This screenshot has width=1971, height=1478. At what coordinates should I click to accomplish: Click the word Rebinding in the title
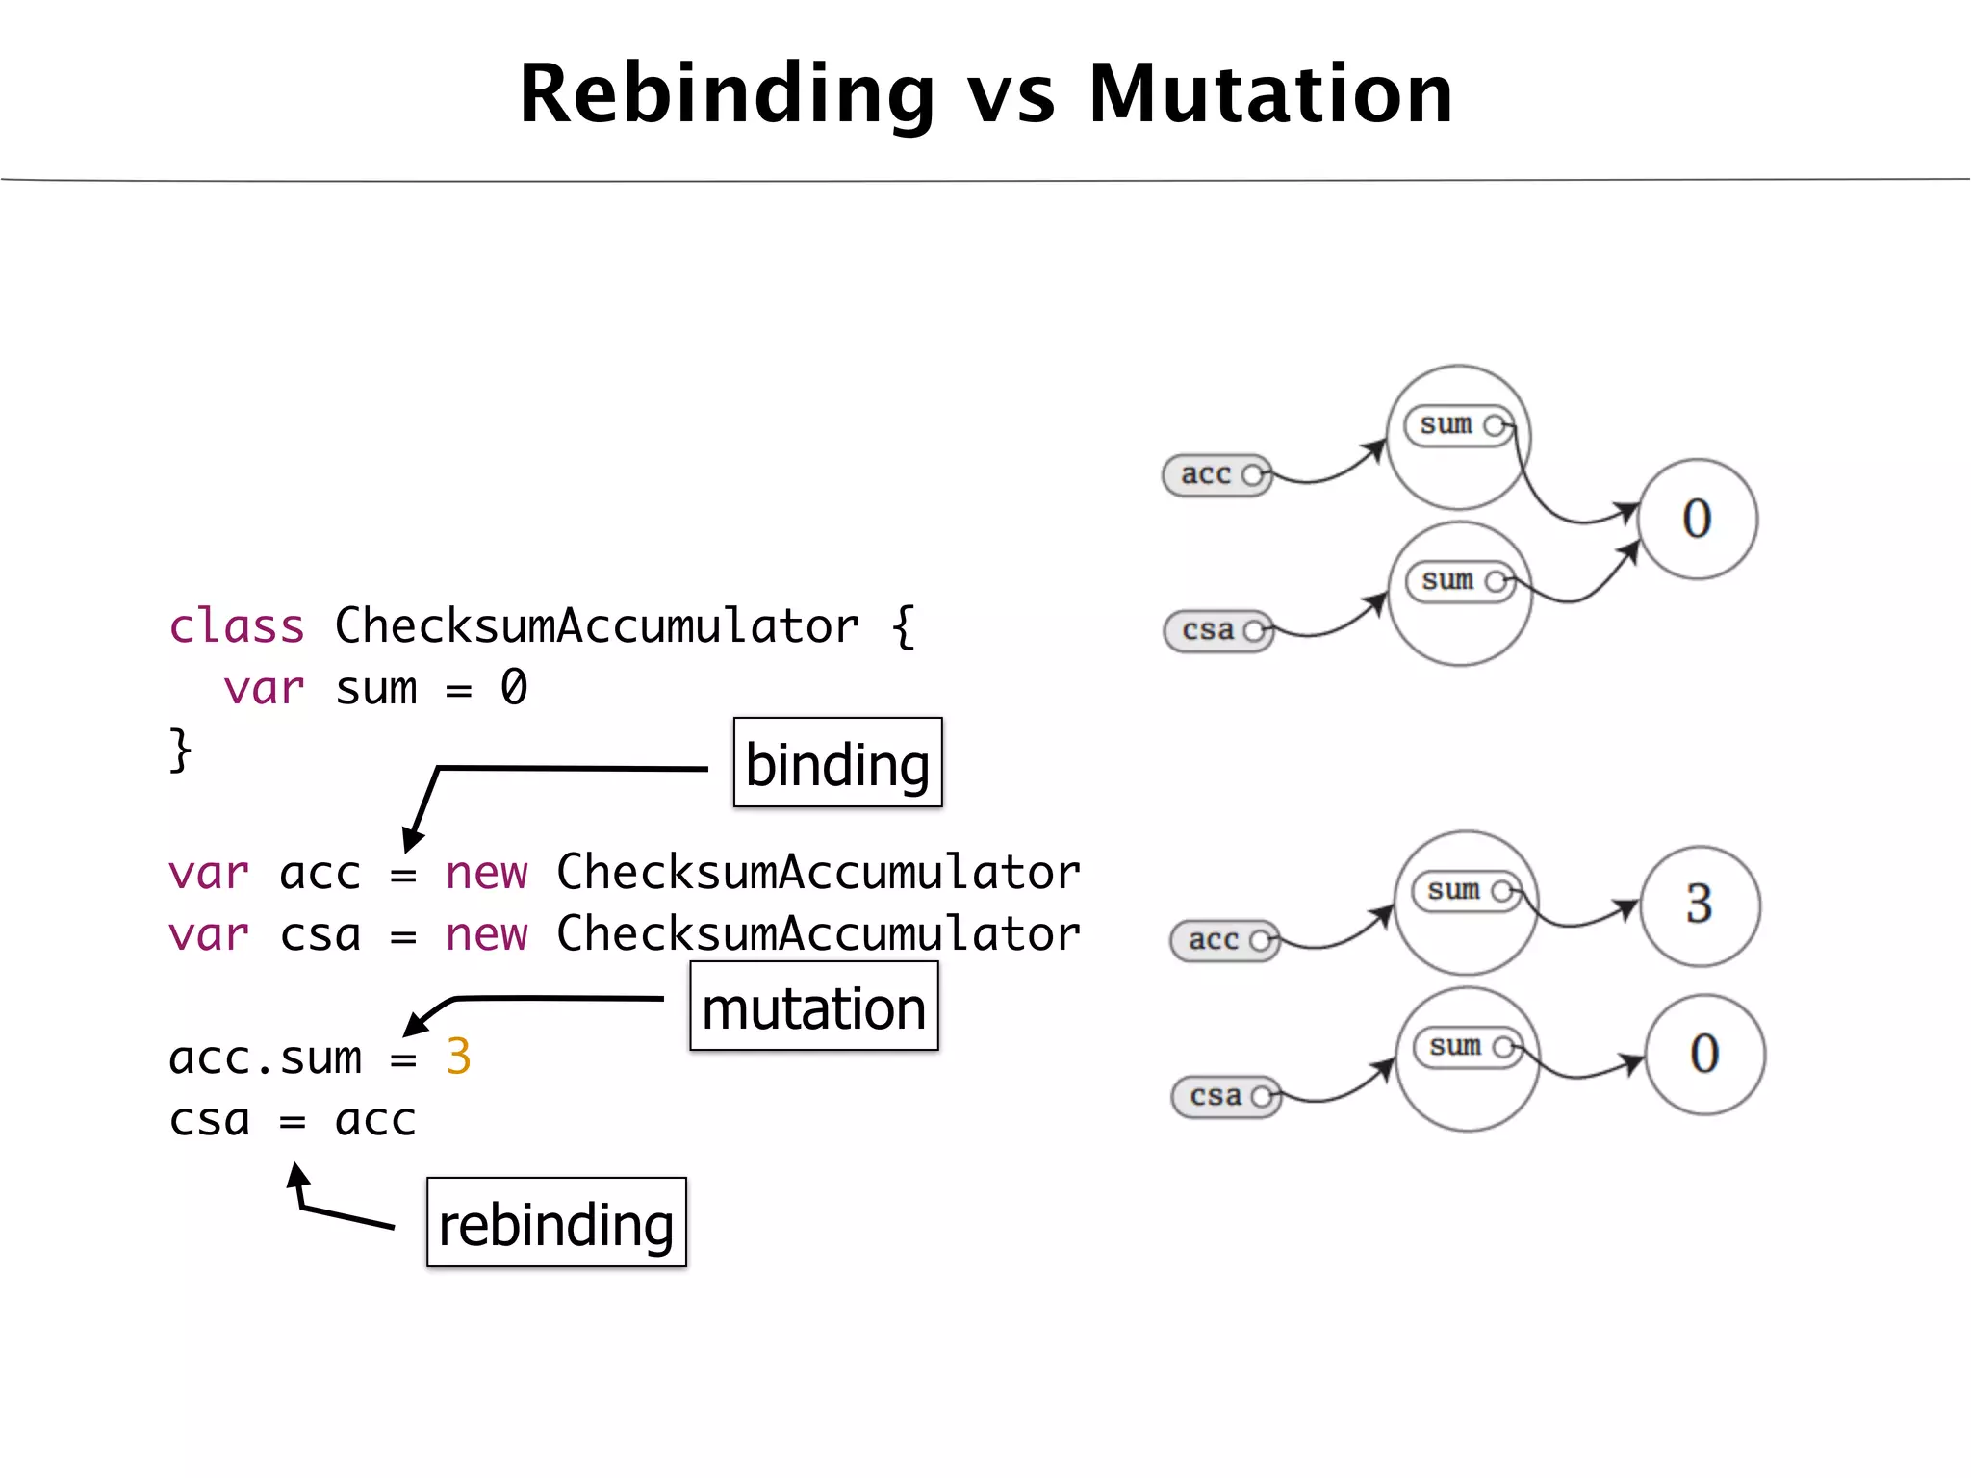click(x=727, y=94)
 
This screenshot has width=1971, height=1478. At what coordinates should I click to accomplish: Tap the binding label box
click(x=837, y=763)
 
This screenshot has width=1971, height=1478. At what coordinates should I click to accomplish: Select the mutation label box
click(x=813, y=1007)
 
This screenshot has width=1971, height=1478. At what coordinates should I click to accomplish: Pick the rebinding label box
click(x=556, y=1223)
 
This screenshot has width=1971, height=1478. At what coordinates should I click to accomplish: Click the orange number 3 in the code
click(x=458, y=1057)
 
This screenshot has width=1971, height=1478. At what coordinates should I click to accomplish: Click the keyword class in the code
click(x=237, y=626)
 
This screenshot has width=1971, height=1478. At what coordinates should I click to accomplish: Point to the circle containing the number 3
click(x=1700, y=905)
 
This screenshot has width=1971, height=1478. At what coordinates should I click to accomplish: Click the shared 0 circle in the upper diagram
click(x=1697, y=519)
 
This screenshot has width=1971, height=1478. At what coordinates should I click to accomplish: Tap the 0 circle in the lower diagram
click(x=1704, y=1054)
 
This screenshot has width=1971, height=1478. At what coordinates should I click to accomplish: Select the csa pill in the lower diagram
click(x=1225, y=1096)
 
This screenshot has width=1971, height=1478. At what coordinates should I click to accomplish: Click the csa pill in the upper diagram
click(x=1217, y=631)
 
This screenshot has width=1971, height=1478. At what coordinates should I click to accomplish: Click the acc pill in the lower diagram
click(x=1223, y=940)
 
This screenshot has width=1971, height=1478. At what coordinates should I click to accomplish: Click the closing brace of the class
click(x=180, y=750)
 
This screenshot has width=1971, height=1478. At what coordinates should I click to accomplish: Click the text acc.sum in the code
click(x=266, y=1058)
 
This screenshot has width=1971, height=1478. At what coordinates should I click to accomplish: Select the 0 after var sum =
click(x=514, y=688)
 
